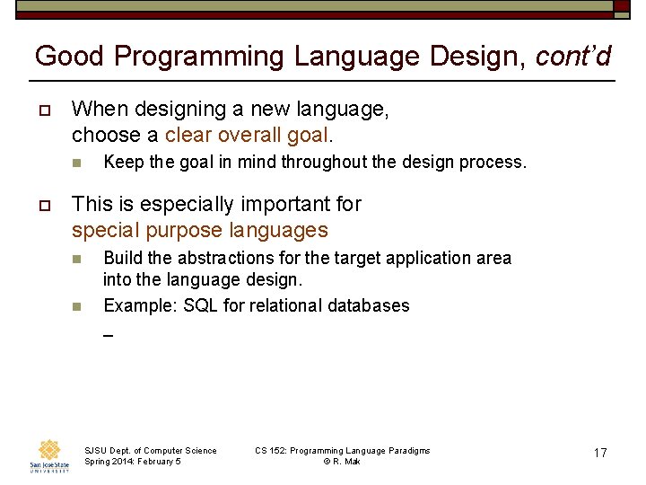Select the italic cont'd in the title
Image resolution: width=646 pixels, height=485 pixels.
point(573,57)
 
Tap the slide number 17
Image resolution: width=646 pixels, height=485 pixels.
point(600,453)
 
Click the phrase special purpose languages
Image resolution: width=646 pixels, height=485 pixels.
point(200,231)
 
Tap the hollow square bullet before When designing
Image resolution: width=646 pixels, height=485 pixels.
point(43,110)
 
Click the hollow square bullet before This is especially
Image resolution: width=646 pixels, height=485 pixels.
point(43,205)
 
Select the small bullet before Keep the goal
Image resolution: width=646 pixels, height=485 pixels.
point(77,163)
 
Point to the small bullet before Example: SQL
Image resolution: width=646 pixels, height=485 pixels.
point(77,306)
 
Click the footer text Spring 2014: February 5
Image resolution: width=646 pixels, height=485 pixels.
point(133,462)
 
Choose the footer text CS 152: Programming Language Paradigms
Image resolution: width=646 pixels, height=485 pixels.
point(343,451)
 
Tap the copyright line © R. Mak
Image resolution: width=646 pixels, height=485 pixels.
point(342,462)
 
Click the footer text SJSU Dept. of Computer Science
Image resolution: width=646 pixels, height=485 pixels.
point(151,451)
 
